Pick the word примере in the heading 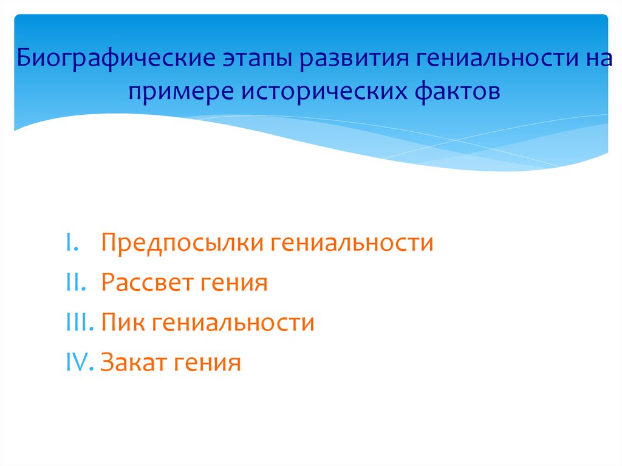pyautogui.click(x=180, y=92)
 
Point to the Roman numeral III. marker pyautogui.click(x=77, y=323)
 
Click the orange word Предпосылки pyautogui.click(x=182, y=243)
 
